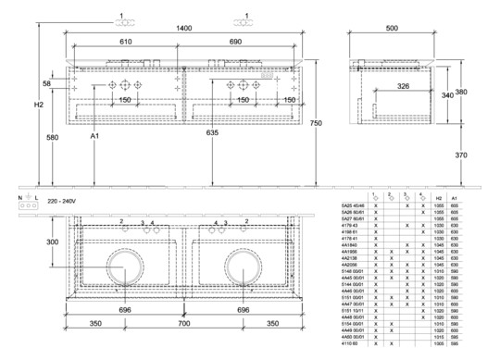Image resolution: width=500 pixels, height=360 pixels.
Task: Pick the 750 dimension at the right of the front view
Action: (316, 123)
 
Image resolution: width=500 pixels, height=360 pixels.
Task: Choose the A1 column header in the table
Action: (454, 198)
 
